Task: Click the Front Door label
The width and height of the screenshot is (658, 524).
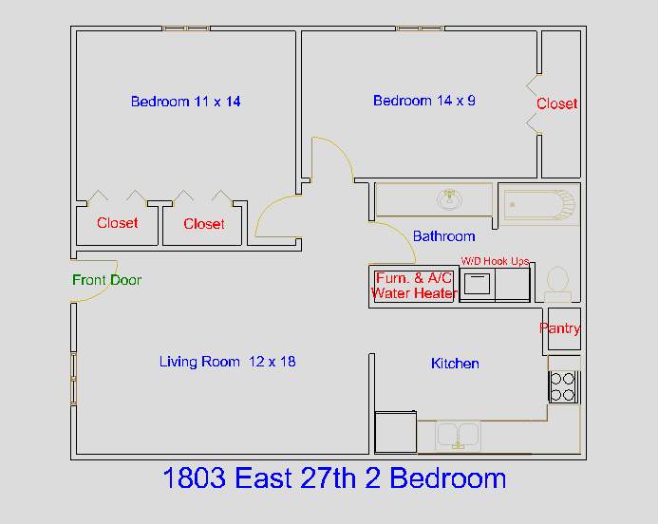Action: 106,280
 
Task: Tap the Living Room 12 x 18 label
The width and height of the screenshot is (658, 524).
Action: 228,362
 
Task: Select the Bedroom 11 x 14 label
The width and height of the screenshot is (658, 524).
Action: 185,102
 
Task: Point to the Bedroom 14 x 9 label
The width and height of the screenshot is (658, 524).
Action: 424,101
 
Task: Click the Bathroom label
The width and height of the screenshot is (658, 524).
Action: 444,236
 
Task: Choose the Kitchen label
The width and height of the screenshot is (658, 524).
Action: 455,364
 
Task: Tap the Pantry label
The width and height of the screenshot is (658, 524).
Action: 560,328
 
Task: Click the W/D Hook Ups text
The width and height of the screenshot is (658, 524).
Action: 495,261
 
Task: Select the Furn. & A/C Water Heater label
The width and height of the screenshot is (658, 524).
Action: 414,286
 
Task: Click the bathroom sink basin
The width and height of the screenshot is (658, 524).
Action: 449,199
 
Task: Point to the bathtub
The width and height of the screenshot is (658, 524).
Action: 539,204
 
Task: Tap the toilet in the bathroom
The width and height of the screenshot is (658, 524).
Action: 557,284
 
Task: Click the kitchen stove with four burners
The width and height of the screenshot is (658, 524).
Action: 564,386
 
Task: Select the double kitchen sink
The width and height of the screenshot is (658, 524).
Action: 458,436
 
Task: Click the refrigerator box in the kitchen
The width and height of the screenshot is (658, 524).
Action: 395,432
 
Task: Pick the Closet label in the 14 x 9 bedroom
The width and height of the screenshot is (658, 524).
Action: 556,103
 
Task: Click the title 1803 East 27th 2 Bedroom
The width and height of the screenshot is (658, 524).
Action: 334,477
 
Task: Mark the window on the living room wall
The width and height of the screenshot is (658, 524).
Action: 73,379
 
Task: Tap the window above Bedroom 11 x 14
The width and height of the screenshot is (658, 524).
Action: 186,28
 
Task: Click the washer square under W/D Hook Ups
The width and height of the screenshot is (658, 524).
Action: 478,284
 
